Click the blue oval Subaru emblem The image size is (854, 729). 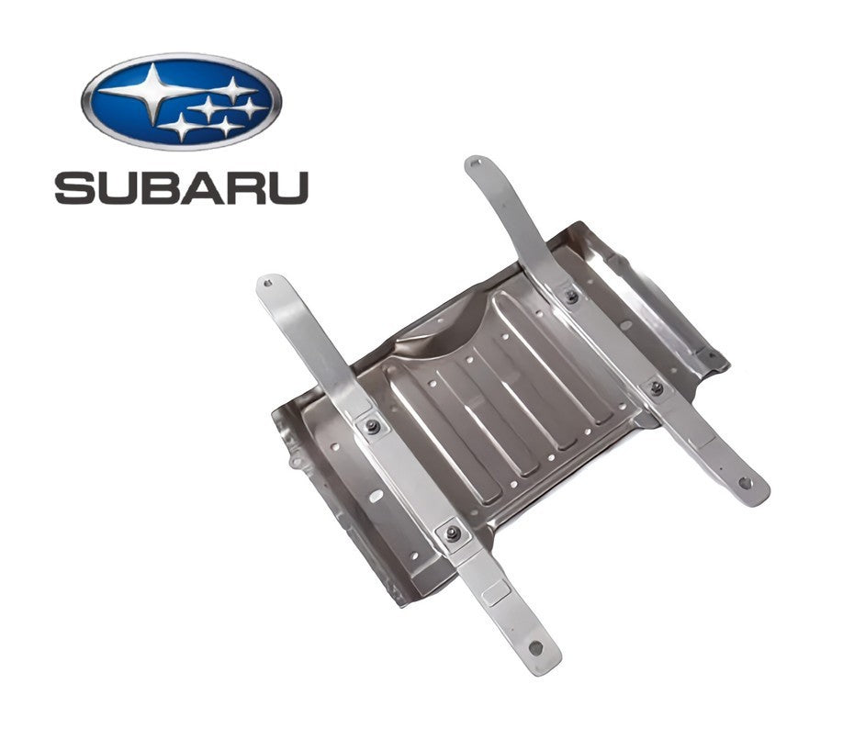click(182, 101)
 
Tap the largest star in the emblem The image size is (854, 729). click(154, 91)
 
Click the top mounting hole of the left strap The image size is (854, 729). click(267, 282)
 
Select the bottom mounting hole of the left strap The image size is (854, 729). click(536, 648)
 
